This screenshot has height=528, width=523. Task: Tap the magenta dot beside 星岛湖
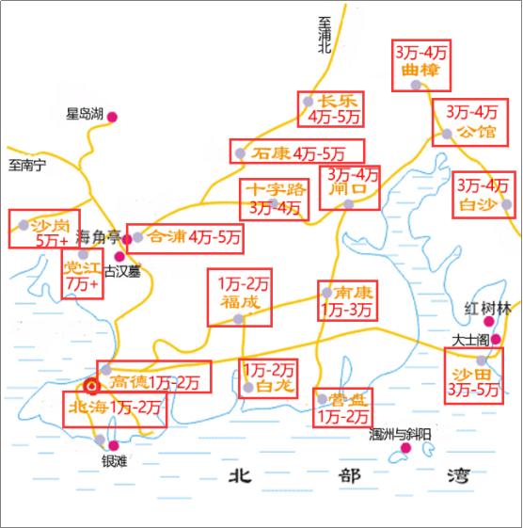tap(113, 116)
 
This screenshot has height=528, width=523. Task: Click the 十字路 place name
tap(270, 188)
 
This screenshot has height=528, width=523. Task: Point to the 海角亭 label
tap(99, 240)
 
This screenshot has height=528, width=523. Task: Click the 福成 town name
tap(239, 302)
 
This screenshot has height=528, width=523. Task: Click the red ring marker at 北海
tap(91, 385)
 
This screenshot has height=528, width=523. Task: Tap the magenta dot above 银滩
tap(114, 445)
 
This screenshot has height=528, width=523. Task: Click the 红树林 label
tap(487, 308)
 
